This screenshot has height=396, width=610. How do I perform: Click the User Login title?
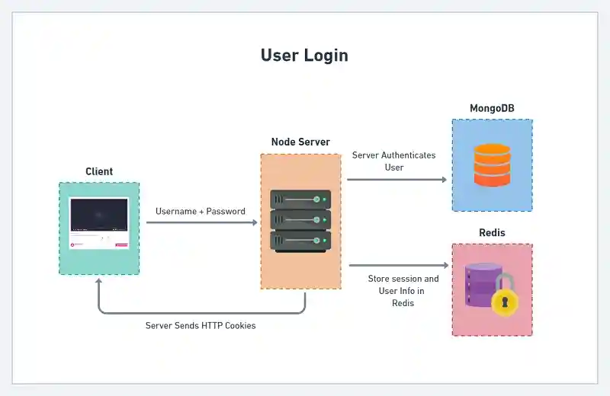304,56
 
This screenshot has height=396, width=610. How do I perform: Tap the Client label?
99,171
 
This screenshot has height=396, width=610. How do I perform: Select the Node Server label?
300,142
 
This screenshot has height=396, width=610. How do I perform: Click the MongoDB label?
492,108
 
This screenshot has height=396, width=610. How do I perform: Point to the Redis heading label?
492,232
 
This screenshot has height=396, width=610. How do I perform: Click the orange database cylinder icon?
492,165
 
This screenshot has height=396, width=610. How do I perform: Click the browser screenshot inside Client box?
99,223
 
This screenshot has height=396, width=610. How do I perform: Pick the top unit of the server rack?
300,200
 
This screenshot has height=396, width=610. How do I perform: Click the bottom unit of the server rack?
300,242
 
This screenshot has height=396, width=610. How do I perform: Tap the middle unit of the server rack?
300,221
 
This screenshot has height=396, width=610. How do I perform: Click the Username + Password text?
201,211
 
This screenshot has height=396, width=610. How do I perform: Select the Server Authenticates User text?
393,161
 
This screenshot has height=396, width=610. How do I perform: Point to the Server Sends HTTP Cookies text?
201,325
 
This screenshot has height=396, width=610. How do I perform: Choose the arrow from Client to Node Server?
201,223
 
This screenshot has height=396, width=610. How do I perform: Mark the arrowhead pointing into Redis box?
445,266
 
